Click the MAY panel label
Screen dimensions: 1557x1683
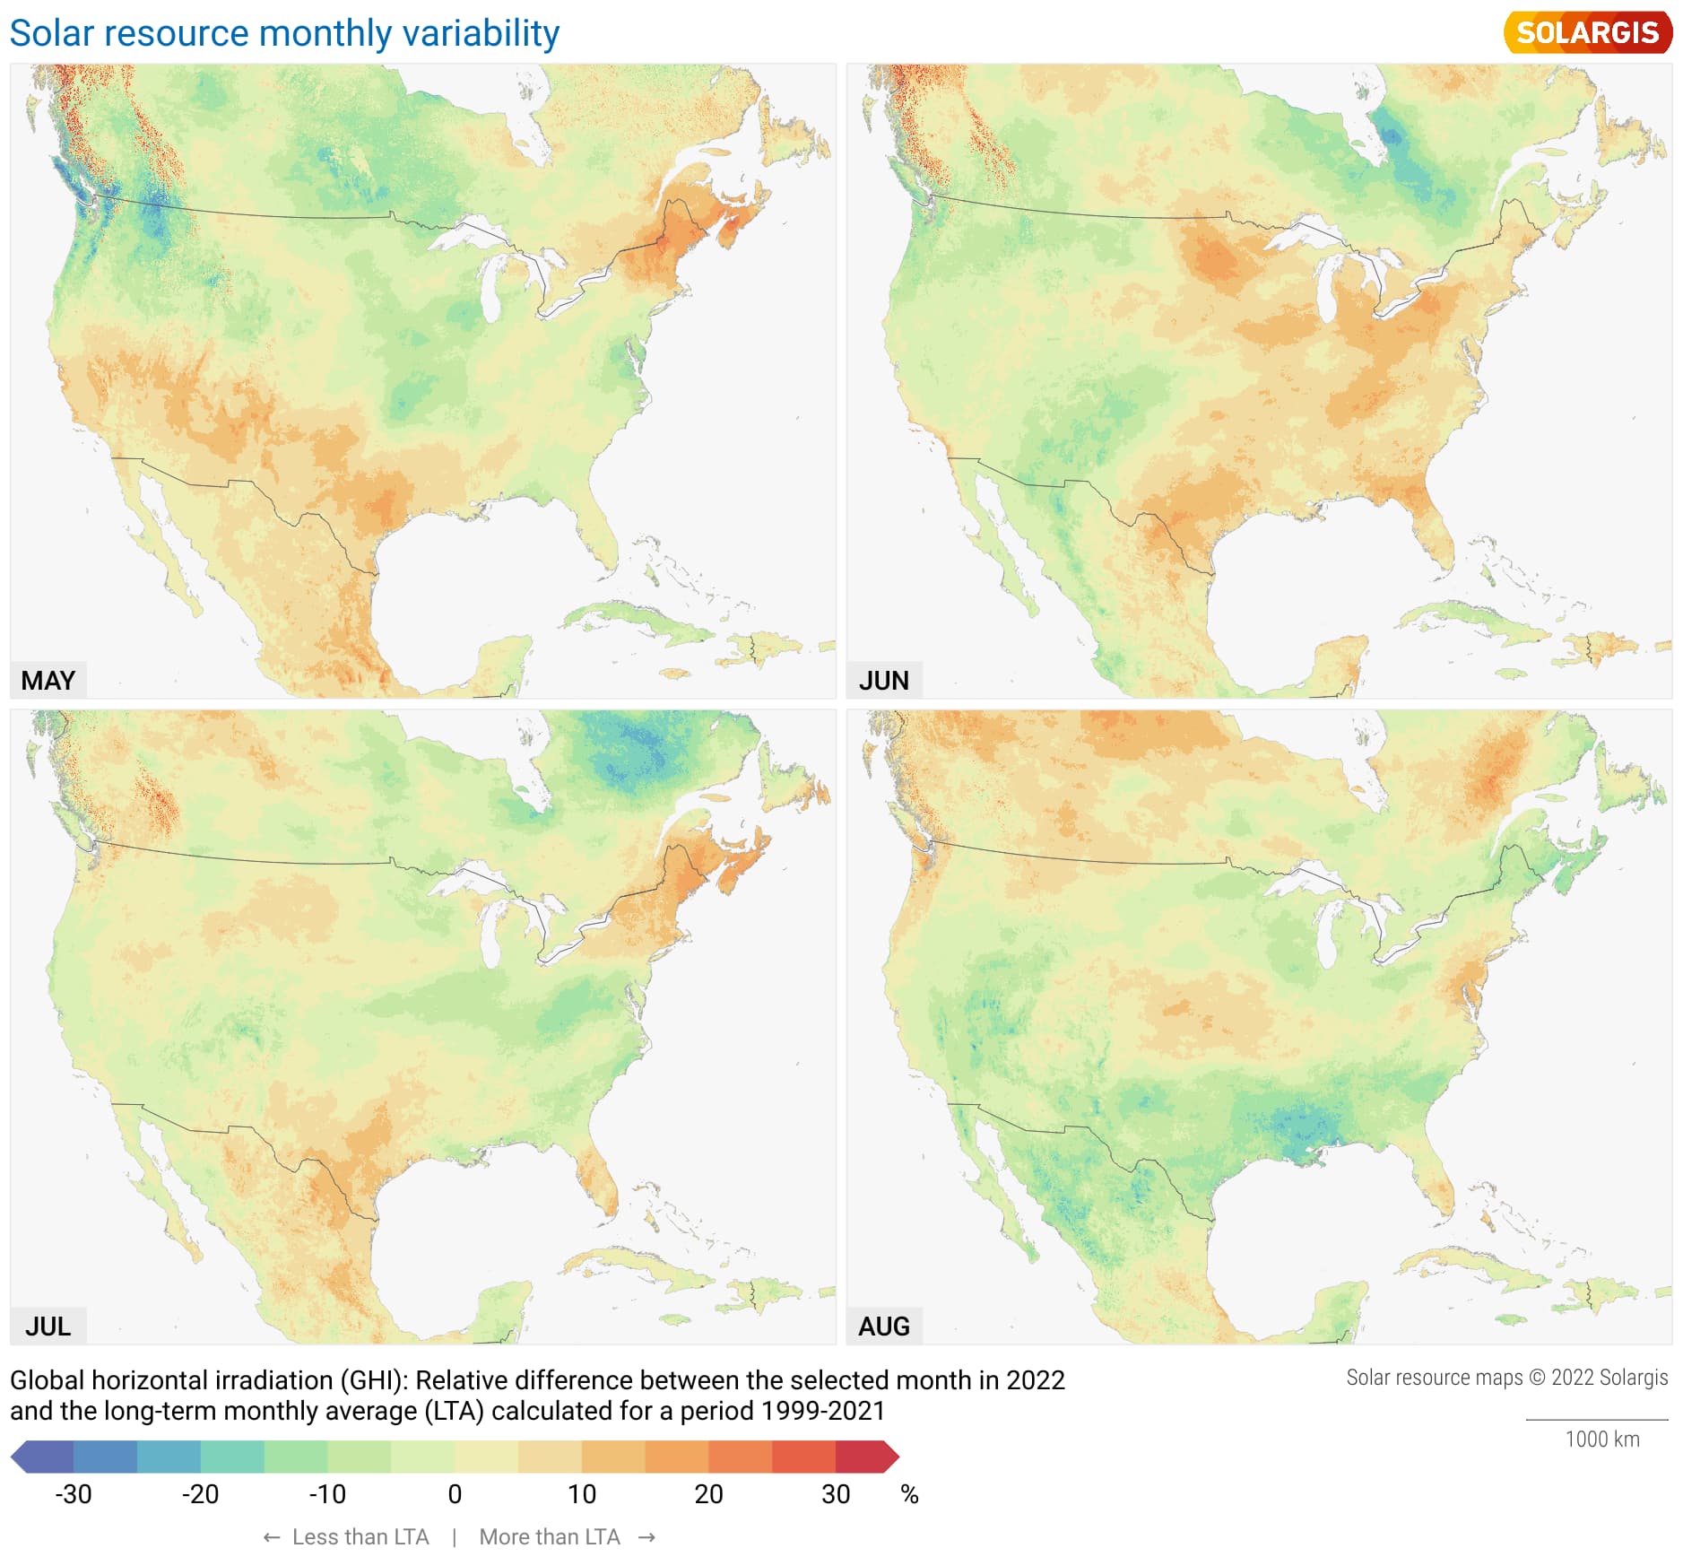tap(48, 681)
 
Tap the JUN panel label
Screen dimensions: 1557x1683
tap(883, 681)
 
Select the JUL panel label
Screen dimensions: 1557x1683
tap(48, 1326)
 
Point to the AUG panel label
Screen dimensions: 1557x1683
tap(883, 1326)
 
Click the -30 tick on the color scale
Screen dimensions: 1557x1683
tap(74, 1494)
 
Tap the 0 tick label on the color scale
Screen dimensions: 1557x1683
tap(455, 1494)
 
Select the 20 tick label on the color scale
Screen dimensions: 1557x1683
tap(708, 1494)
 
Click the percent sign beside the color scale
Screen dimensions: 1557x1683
tap(909, 1494)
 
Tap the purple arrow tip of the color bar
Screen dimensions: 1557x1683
tap(20, 1457)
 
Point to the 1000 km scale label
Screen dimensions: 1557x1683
tap(1601, 1440)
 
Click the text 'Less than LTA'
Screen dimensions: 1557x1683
tap(360, 1536)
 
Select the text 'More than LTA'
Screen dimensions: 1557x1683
tap(549, 1536)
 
